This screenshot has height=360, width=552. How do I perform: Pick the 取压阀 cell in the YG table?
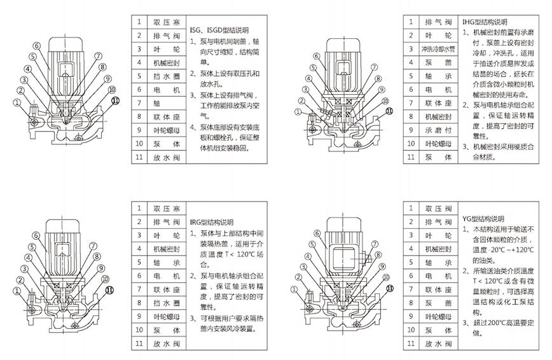pyautogui.click(x=439, y=208)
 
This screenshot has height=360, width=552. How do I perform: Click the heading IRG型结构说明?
pyautogui.click(x=212, y=223)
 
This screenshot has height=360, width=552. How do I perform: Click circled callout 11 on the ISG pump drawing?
pyautogui.click(x=116, y=100)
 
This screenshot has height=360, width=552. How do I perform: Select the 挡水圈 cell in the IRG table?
pyautogui.click(x=166, y=303)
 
